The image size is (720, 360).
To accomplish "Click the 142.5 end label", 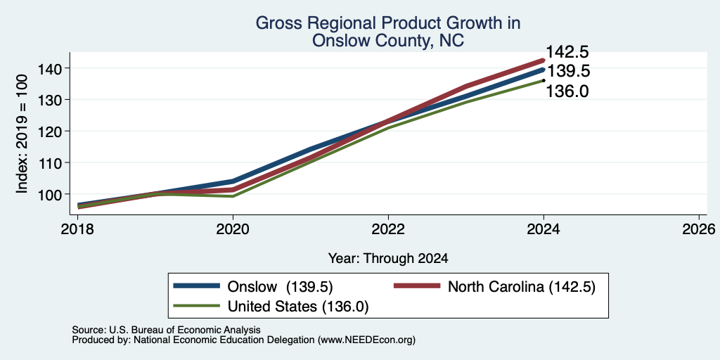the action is coord(567,52).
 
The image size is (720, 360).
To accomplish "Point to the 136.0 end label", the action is coord(567,91).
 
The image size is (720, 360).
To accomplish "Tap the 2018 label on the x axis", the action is coord(77,229).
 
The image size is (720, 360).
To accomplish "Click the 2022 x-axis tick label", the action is coord(388,229).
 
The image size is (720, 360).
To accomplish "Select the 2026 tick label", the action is coord(699,229).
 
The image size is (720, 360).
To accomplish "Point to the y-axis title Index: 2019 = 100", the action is coord(22,134).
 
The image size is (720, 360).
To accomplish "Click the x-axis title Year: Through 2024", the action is coord(388,259).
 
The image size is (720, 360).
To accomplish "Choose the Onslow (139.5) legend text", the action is coord(280,287).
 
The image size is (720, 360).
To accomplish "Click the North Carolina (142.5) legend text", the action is coord(522,287).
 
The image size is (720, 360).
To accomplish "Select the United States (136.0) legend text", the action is coord(298,307).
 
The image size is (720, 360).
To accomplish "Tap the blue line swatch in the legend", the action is coord(196,286).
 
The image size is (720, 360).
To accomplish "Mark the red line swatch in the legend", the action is coord(417,286).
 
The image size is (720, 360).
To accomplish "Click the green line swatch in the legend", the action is coord(196,306).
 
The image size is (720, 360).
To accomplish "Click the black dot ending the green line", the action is coord(544,80).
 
